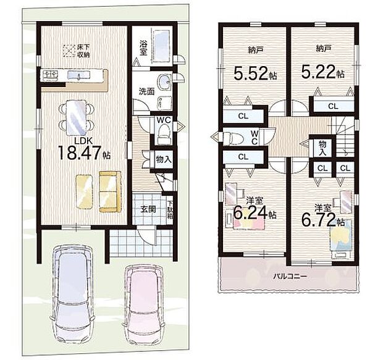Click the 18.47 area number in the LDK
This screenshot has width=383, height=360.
(x=80, y=153)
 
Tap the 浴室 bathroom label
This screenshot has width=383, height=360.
(x=143, y=48)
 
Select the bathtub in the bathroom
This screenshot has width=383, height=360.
(x=162, y=46)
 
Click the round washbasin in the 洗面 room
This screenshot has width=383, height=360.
(x=164, y=82)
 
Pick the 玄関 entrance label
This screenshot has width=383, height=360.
(x=148, y=209)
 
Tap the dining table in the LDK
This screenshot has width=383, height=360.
(x=77, y=117)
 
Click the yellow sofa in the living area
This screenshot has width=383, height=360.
(x=110, y=191)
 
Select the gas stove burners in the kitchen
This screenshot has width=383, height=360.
(x=51, y=75)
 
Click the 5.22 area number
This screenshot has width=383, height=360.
(x=318, y=71)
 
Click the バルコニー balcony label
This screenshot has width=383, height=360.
(x=290, y=277)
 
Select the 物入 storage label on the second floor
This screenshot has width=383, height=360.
(x=322, y=148)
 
